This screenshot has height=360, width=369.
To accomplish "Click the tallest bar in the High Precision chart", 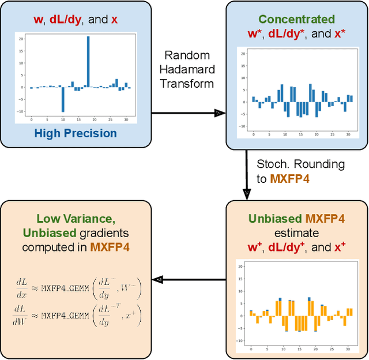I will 88,61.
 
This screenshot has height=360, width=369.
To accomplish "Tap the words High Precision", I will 75,133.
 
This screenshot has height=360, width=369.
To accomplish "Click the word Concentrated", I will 296,19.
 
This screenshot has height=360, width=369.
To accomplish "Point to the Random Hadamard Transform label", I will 189,69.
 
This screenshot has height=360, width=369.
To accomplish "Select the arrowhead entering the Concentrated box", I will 219,113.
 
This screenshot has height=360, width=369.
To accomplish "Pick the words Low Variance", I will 74,219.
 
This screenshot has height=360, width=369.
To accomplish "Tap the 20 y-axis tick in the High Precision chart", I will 20,38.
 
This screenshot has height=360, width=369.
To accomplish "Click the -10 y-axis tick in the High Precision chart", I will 20,111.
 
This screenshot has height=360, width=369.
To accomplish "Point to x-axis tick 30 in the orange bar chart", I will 348,350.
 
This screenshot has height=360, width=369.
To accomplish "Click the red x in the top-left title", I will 114,19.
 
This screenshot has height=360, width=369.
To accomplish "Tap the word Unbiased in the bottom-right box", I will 275,219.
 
